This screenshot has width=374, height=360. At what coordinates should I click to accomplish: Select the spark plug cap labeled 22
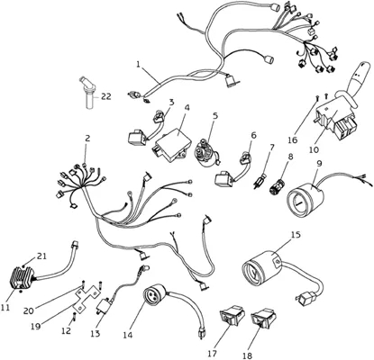(87, 93)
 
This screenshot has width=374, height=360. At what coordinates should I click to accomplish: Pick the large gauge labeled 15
(262, 268)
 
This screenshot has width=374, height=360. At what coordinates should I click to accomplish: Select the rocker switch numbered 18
(263, 317)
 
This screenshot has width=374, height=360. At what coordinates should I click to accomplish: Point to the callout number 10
(315, 149)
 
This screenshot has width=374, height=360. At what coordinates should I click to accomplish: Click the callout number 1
(138, 64)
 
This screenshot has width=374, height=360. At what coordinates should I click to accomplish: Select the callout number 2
(87, 139)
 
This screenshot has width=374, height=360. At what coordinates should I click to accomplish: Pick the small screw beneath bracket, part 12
(74, 316)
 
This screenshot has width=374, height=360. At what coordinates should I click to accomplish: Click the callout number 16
(293, 139)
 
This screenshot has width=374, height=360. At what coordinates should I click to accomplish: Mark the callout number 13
(96, 333)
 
